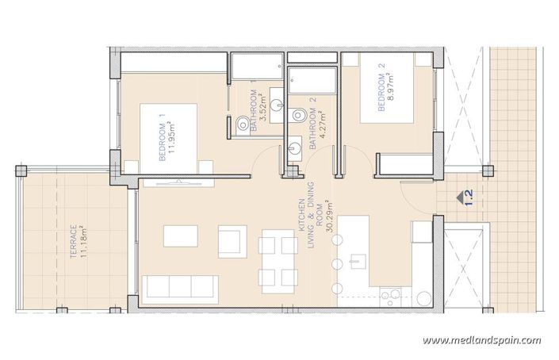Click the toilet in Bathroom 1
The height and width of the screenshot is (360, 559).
pos(242,122)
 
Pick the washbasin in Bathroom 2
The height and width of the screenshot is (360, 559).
pos(294,147)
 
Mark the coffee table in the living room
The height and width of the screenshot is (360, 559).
pos(181,237)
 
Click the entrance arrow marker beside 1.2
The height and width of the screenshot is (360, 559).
pos(458,193)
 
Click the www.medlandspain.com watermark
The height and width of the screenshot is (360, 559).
pos(482,340)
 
